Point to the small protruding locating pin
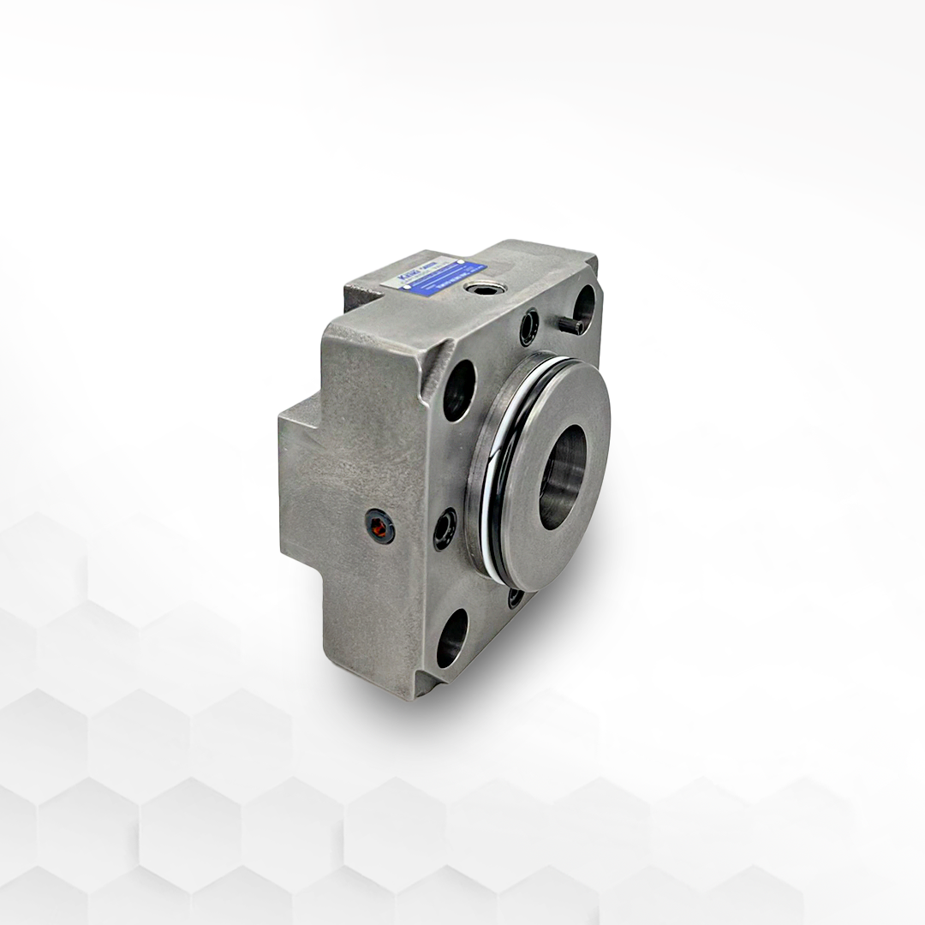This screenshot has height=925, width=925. pyautogui.click(x=575, y=325)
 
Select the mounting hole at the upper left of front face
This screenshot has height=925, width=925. pyautogui.click(x=458, y=390)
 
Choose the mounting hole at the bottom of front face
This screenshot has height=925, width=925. pyautogui.click(x=451, y=637)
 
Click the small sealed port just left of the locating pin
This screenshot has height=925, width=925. pyautogui.click(x=530, y=326)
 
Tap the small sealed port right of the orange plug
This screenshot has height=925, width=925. pyautogui.click(x=445, y=528)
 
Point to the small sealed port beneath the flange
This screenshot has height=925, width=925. pyautogui.click(x=516, y=597)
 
